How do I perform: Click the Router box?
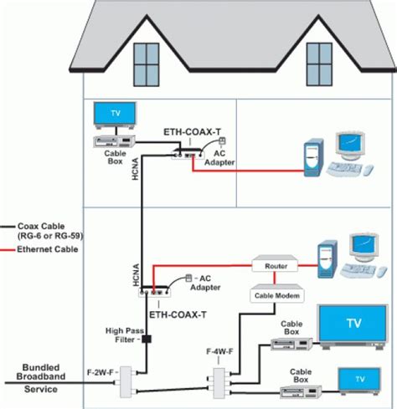click(276, 266)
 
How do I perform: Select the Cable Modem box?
click(276, 295)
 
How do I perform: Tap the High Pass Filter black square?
click(146, 340)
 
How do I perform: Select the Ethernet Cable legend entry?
click(39, 249)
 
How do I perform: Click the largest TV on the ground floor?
click(351, 323)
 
